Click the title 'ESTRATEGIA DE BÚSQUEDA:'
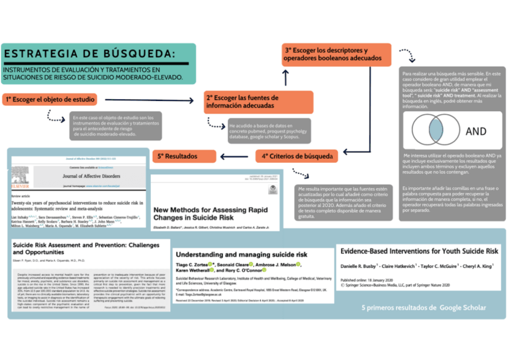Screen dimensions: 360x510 [x=91, y=53]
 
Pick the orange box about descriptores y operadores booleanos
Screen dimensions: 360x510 [x=336, y=55]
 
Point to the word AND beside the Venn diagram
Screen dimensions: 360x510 [x=476, y=132]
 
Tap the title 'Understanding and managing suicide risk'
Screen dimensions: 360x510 [x=241, y=254]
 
